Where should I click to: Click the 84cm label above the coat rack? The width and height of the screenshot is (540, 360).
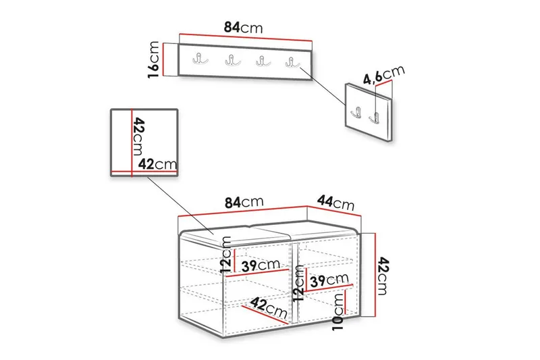tap(243, 27)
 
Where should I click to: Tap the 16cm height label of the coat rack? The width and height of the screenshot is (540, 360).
tap(154, 59)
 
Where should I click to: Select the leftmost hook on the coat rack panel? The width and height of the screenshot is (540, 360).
tap(200, 59)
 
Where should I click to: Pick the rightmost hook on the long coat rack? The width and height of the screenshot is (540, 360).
tap(292, 62)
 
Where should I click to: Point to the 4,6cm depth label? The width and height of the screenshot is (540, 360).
tap(384, 75)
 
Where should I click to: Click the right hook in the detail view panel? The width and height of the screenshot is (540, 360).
tap(376, 118)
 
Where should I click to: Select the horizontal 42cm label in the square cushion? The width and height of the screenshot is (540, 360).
tap(157, 164)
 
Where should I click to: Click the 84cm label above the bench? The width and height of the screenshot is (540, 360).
tap(244, 202)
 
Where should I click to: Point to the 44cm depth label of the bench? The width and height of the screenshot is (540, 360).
tap(335, 203)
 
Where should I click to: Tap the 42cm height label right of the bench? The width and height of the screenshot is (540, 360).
tap(383, 276)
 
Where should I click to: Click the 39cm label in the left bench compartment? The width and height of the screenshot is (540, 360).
tap(261, 265)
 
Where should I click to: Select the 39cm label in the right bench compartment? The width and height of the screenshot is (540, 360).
tap(329, 280)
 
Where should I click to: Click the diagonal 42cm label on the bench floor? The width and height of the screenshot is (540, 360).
tap(269, 307)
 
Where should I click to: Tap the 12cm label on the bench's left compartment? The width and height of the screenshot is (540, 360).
tap(226, 255)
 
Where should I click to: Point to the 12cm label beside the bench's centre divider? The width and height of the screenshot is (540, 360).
tap(298, 284)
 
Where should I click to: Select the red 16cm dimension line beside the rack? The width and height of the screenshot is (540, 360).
tap(163, 59)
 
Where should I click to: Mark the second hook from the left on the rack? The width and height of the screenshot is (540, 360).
tap(233, 61)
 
